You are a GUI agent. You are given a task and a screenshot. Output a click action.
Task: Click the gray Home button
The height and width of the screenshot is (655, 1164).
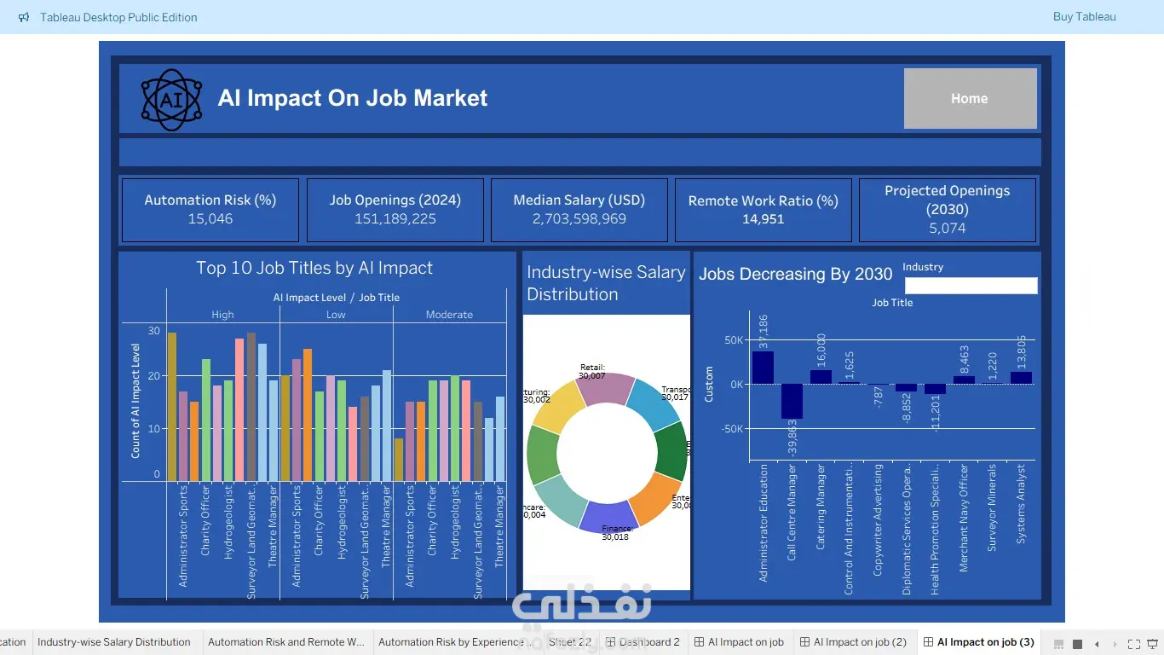click(970, 99)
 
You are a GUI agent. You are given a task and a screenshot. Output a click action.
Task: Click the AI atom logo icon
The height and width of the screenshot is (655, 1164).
click(171, 100)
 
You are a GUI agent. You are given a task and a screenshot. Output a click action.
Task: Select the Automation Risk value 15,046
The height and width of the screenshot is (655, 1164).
click(210, 219)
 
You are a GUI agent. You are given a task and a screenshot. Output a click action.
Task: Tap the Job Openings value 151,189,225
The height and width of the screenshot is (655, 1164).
click(395, 219)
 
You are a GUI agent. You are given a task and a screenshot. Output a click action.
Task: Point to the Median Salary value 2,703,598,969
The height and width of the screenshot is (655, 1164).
click(579, 219)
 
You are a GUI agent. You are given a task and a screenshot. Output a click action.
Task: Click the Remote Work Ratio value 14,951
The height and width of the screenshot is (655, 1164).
click(763, 219)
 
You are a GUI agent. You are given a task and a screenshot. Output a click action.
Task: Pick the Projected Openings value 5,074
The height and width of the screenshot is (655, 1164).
click(947, 229)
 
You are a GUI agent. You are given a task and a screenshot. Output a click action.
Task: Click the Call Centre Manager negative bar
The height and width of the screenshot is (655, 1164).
click(792, 401)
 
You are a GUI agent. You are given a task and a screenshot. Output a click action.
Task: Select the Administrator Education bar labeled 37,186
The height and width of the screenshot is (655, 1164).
click(763, 368)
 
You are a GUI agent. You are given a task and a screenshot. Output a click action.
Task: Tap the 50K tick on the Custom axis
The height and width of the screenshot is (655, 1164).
click(734, 340)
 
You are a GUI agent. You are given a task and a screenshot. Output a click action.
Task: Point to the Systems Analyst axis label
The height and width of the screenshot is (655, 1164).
click(1021, 503)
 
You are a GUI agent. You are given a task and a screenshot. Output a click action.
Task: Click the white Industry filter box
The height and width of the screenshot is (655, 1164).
click(971, 286)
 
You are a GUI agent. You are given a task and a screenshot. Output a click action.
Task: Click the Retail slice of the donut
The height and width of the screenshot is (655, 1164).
click(604, 390)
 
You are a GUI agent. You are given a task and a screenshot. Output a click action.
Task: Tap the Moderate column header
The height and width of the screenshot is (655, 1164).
click(449, 315)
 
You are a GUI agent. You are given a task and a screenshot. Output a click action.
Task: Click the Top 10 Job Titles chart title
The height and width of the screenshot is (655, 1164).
click(314, 268)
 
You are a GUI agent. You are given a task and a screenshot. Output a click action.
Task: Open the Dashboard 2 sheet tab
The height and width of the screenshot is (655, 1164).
click(643, 642)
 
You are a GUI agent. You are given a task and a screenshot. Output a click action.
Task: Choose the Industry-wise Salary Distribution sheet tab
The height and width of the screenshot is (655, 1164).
click(114, 642)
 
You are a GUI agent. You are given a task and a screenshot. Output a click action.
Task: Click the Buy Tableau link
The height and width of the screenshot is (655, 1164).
click(1084, 17)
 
